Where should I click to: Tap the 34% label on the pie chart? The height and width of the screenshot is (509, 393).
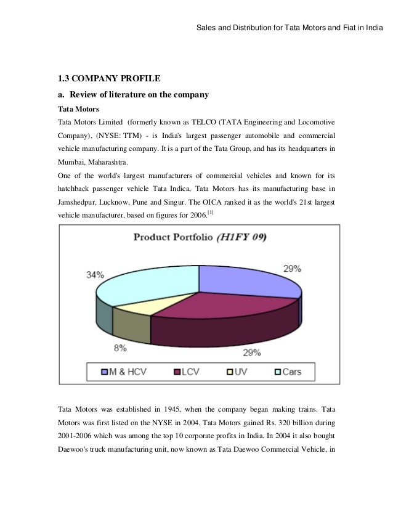[95, 275]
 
